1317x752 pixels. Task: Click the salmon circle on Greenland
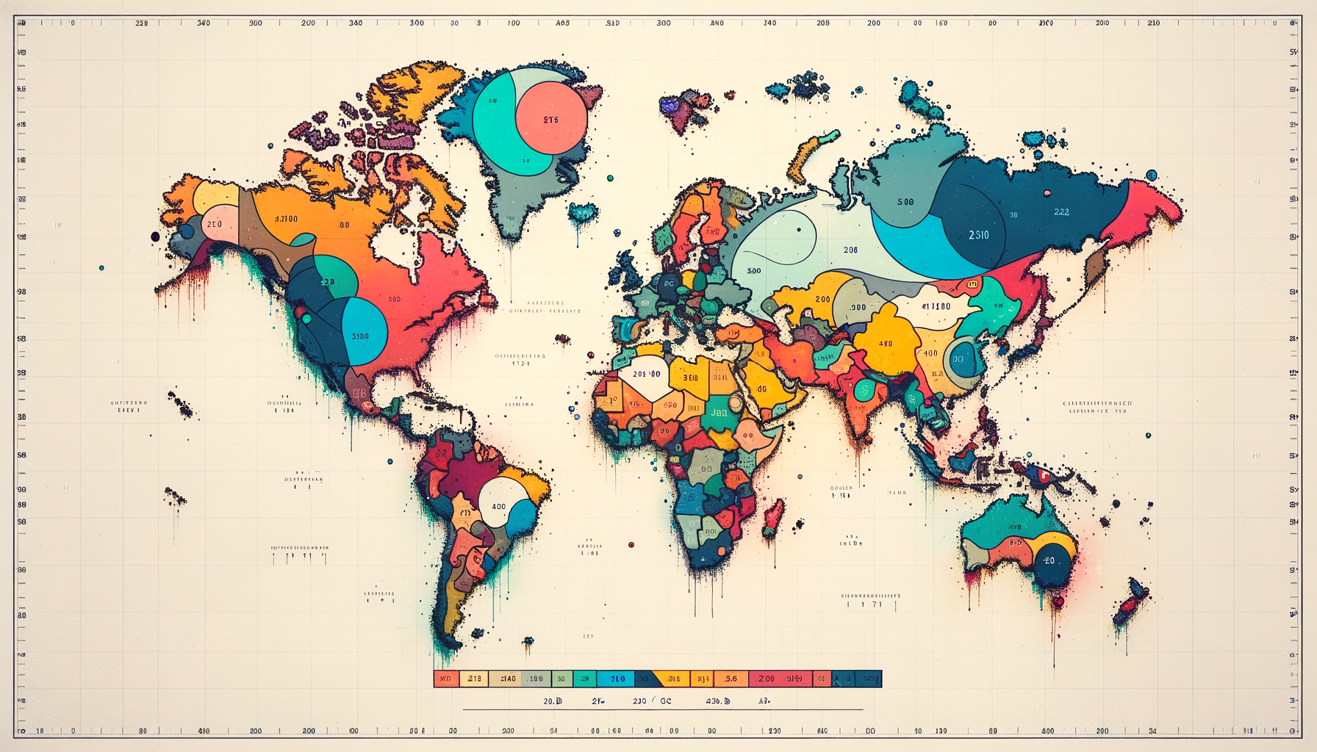pos(552,117)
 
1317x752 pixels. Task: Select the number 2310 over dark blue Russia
pos(978,235)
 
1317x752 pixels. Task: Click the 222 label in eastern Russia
pos(1061,211)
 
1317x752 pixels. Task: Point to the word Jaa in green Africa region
pos(719,412)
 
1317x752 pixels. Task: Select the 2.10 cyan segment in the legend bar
pos(615,679)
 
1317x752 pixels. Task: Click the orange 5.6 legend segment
pos(731,679)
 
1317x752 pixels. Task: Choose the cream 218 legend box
pos(474,679)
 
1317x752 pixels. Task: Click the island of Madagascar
pos(772,517)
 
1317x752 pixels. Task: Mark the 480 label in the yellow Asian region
pos(886,343)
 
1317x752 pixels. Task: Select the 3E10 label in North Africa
pos(690,377)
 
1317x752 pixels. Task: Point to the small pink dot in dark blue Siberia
pos(1047,193)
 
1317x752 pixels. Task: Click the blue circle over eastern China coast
pos(963,359)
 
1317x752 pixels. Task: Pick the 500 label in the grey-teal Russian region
pos(905,202)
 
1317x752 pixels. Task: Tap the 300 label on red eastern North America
pos(395,299)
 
